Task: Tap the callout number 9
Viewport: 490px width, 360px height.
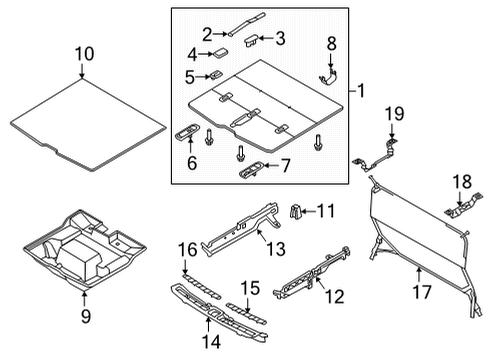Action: [83, 319]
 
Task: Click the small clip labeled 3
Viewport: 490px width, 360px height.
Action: [253, 40]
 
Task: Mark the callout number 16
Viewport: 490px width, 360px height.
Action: [186, 249]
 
